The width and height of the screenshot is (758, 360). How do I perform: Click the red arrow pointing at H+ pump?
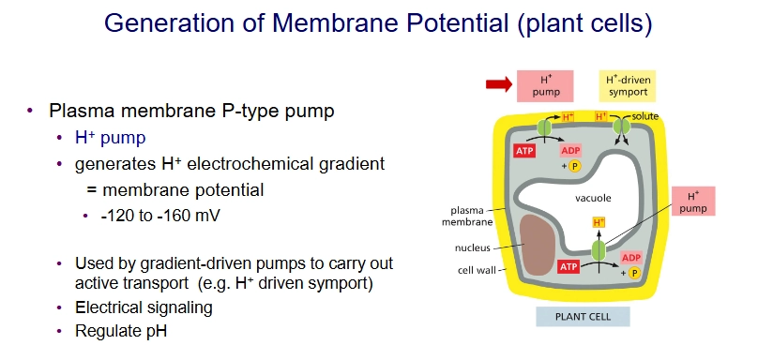pyautogui.click(x=497, y=85)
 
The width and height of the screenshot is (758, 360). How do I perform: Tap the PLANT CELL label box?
pyautogui.click(x=584, y=316)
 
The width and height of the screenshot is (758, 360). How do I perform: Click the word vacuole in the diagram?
pyautogui.click(x=594, y=199)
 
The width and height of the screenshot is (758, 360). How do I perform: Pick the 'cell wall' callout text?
pyautogui.click(x=476, y=269)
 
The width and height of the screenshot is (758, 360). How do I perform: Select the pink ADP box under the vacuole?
pyautogui.click(x=630, y=257)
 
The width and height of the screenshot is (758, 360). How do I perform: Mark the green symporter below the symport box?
pyautogui.click(x=619, y=127)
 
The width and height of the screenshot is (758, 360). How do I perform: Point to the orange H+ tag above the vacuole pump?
pyautogui.click(x=599, y=222)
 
